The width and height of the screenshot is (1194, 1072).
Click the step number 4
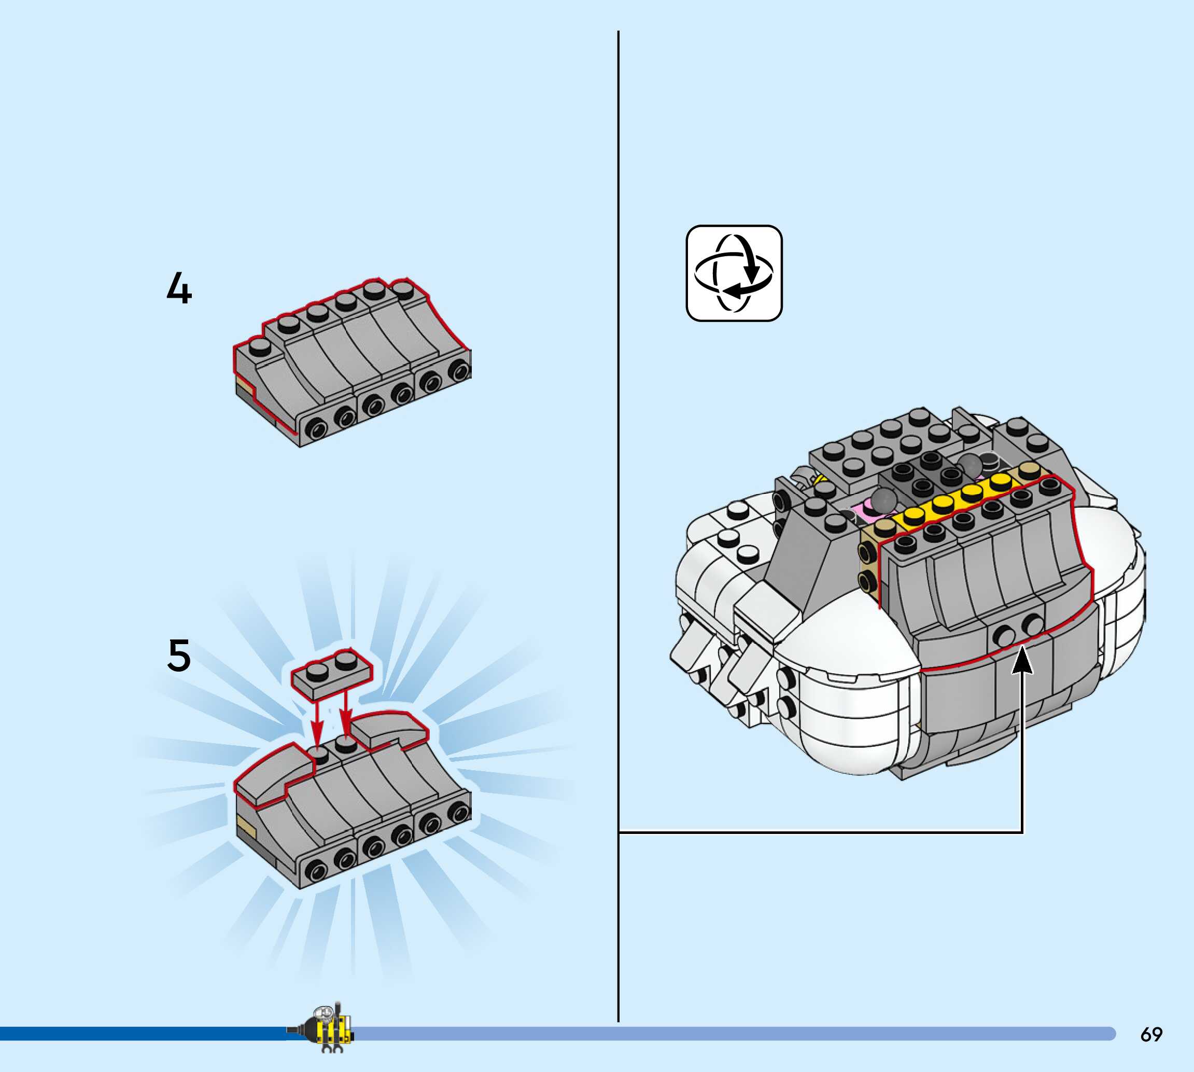click(179, 288)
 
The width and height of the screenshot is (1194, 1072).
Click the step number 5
click(179, 655)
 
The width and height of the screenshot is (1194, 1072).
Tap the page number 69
click(1151, 1034)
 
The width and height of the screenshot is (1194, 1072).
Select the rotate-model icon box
click(734, 273)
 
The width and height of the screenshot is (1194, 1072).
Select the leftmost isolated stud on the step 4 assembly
click(260, 346)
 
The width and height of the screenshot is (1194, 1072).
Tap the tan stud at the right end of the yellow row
click(1028, 469)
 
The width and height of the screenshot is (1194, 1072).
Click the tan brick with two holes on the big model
click(867, 565)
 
